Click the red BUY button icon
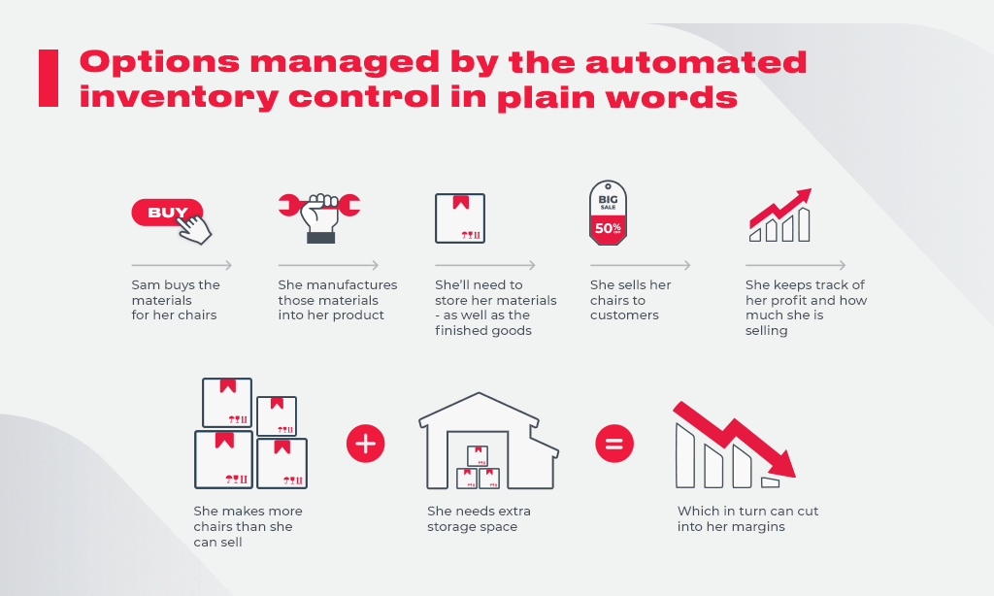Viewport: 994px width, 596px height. (x=167, y=213)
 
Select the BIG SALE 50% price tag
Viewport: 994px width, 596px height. (x=608, y=213)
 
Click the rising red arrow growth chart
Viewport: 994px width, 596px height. (x=780, y=215)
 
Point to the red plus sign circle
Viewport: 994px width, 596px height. (x=366, y=444)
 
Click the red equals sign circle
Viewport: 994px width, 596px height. (x=614, y=444)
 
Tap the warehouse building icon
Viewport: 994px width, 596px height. (x=488, y=441)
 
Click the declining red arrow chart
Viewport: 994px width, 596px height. (x=734, y=446)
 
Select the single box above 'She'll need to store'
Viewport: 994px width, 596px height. (x=460, y=218)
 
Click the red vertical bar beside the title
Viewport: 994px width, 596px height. (x=49, y=78)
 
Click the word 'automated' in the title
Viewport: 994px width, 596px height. (x=696, y=62)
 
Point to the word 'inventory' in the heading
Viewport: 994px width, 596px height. (x=180, y=97)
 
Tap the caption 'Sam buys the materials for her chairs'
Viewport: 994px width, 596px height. (x=176, y=300)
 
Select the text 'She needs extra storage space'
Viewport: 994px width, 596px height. (x=479, y=518)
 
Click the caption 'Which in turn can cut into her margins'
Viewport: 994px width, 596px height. (x=747, y=518)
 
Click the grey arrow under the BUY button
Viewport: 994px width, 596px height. (x=182, y=265)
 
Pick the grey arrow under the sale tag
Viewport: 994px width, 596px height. (x=641, y=265)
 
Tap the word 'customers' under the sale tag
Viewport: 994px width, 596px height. (x=624, y=315)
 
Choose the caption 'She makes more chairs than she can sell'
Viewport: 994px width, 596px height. (x=248, y=526)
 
